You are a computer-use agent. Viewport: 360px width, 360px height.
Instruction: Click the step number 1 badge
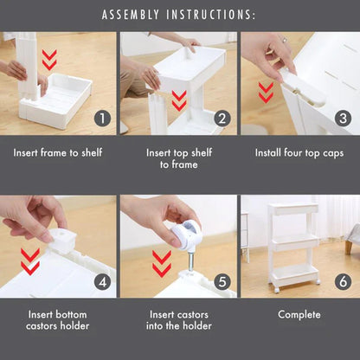coord(102,119)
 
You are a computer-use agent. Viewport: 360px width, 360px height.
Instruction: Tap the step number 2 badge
coord(222,119)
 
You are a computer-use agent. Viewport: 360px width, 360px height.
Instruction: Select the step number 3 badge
coord(343,119)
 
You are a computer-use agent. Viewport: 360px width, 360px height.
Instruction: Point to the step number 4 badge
coord(102,282)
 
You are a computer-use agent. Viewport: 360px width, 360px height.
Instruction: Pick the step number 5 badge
coord(222,282)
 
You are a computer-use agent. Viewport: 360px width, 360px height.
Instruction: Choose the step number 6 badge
coord(343,282)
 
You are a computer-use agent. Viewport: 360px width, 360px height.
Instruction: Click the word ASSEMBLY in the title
coord(131,15)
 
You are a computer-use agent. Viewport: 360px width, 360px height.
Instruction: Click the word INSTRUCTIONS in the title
coord(210,15)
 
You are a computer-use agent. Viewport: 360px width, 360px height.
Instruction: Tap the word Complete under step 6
coord(299,314)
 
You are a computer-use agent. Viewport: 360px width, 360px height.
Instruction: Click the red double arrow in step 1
coord(49,60)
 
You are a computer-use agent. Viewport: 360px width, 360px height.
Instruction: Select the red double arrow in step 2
coord(179,100)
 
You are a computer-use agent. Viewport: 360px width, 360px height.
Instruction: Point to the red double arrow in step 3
coord(266,93)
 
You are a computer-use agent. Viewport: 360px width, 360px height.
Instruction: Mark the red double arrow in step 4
coord(30,261)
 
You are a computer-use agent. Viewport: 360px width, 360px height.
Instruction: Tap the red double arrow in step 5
coord(162,264)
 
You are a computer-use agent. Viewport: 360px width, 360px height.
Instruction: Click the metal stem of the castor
coord(190,261)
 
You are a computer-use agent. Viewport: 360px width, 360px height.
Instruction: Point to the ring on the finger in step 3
coord(285,40)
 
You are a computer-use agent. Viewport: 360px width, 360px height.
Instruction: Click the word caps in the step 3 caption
coord(333,153)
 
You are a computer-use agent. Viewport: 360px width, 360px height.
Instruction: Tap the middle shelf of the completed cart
coord(294,241)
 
